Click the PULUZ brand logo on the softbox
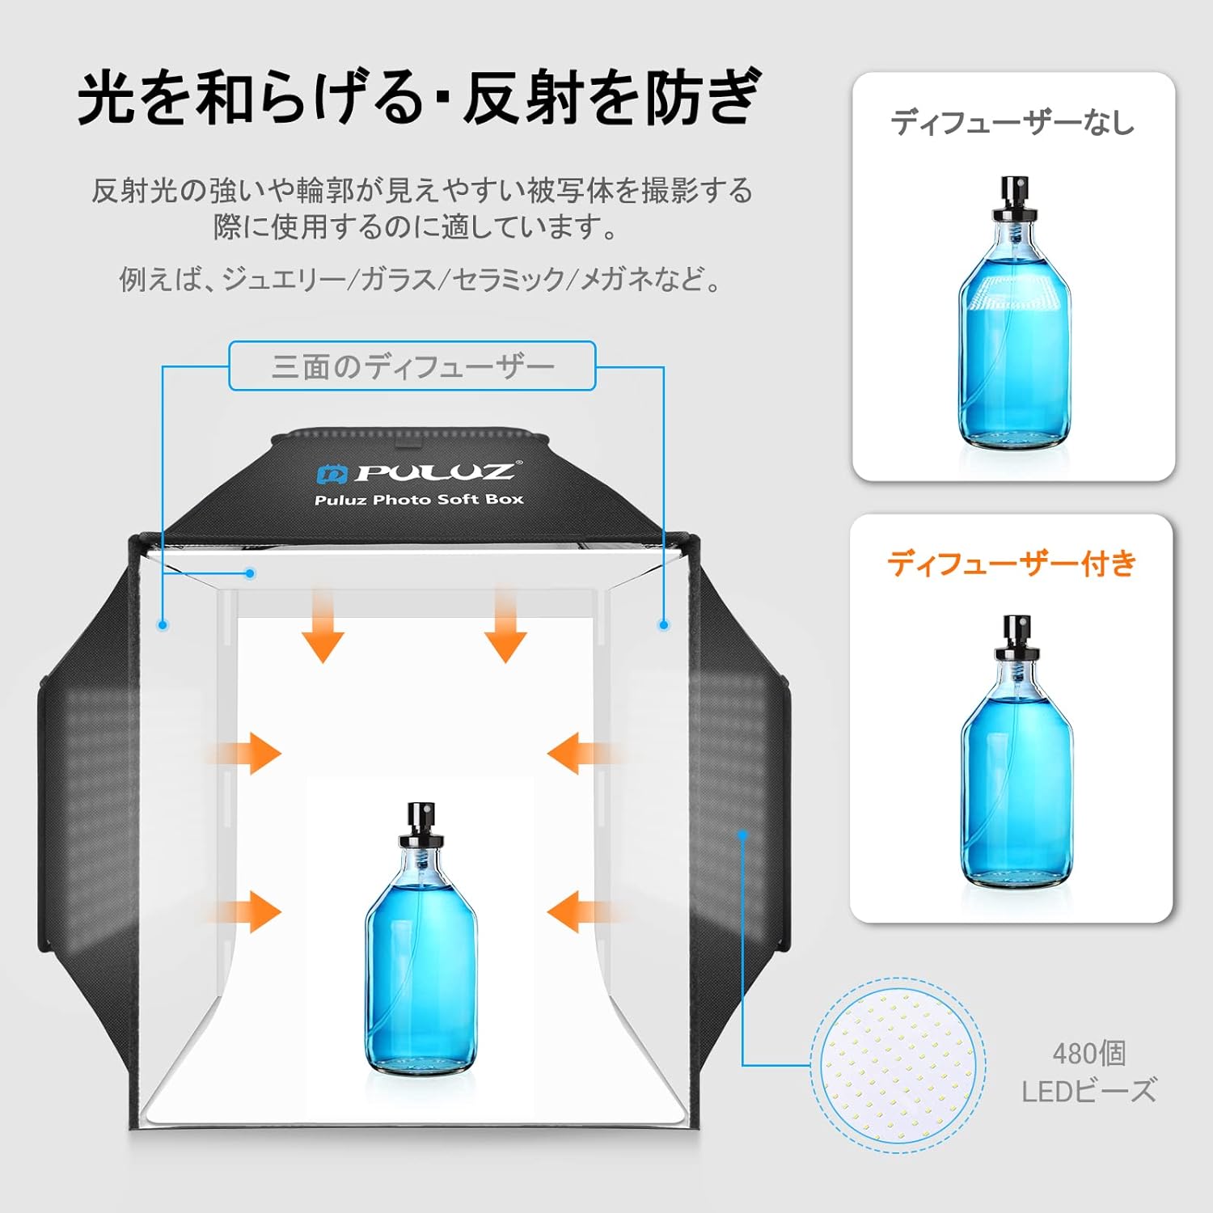tap(416, 471)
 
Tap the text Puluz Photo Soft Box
tap(419, 500)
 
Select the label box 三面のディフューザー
tap(412, 366)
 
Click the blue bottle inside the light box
tap(421, 938)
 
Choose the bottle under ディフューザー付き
tap(1016, 752)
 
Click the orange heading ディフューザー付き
tap(1012, 563)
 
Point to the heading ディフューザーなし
tap(1012, 122)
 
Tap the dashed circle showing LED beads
tap(898, 1065)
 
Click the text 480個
tap(1088, 1053)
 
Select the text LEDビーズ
tap(1088, 1091)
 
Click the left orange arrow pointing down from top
tap(323, 627)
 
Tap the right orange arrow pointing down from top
tap(505, 627)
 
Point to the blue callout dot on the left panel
tap(163, 624)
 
